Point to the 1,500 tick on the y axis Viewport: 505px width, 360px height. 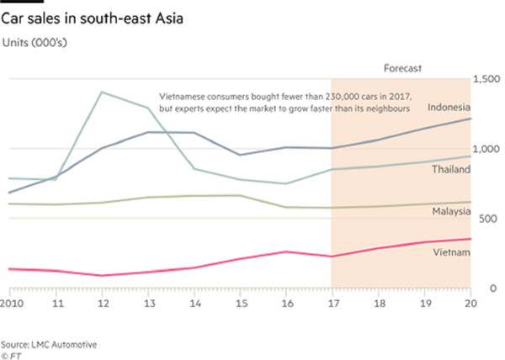pos(488,78)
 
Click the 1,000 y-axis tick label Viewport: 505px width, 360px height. pos(488,148)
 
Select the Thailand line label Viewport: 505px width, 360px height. pos(450,170)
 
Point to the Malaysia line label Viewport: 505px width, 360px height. pos(450,212)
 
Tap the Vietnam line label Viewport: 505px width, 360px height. pos(452,253)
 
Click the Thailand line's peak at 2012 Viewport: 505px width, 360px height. pos(102,92)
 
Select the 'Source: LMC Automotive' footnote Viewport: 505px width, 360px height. pos(49,343)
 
